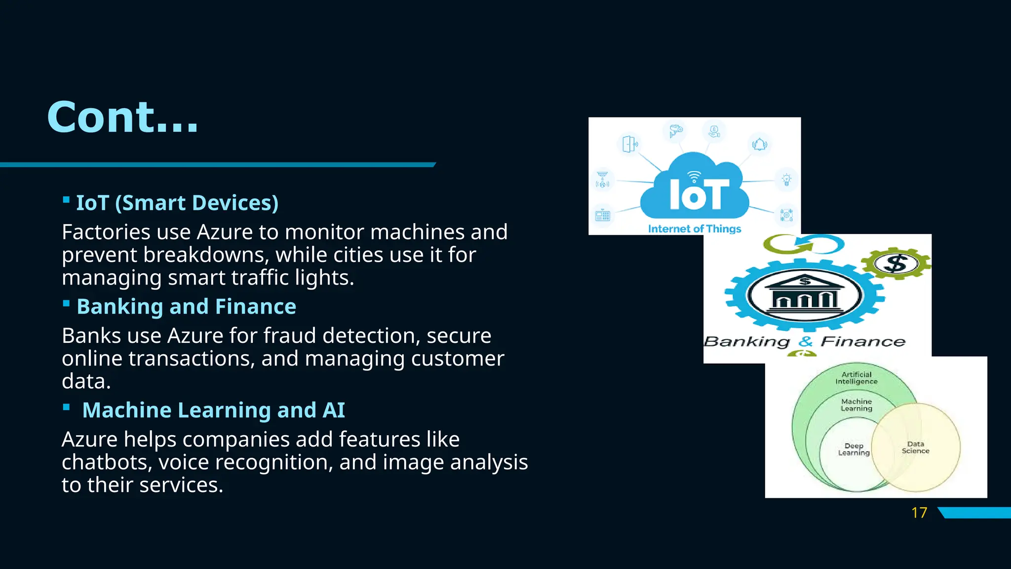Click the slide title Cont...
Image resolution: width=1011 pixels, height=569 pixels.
(x=122, y=118)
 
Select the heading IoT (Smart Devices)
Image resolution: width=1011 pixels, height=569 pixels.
(x=177, y=203)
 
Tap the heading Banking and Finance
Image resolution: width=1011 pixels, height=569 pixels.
(x=186, y=307)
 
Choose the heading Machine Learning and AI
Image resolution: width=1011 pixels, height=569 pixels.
(x=213, y=410)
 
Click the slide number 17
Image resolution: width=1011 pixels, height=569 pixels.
(x=919, y=513)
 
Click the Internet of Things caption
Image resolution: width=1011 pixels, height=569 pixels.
(x=694, y=229)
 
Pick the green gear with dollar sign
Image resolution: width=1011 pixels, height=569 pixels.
(x=896, y=263)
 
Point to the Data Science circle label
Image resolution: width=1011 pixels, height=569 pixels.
(x=915, y=447)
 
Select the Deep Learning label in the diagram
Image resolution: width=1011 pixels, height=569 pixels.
(x=854, y=449)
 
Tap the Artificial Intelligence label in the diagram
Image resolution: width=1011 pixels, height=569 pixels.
(x=856, y=378)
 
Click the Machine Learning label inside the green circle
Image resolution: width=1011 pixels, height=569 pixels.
(x=856, y=405)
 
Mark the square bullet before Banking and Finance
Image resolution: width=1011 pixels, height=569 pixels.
(x=66, y=303)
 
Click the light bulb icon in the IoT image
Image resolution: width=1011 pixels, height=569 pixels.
(x=786, y=179)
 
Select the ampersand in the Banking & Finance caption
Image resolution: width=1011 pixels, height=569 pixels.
(x=806, y=341)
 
